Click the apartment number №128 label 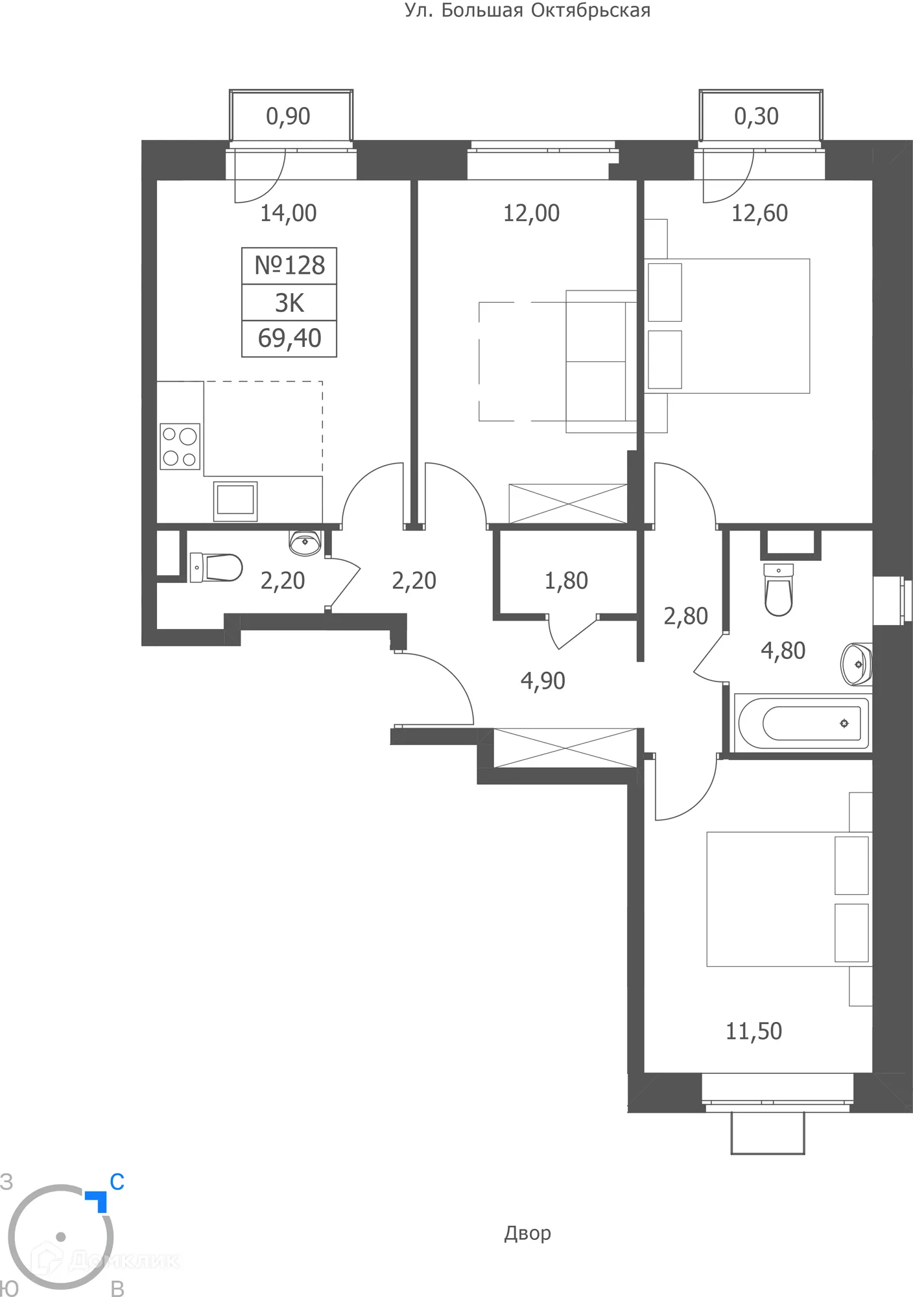(289, 266)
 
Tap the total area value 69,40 (289, 339)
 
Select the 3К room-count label (289, 303)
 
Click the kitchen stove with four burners (180, 447)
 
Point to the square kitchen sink (235, 501)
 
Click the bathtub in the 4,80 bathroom (803, 722)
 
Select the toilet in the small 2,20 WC (216, 567)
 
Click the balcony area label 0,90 (288, 117)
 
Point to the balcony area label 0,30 (756, 117)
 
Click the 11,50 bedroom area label (753, 1031)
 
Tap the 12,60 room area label (759, 213)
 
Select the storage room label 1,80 (566, 581)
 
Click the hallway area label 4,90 (543, 681)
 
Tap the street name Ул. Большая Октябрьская (527, 10)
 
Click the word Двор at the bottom (527, 1233)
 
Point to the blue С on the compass (117, 1182)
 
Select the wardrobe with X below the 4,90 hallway (565, 748)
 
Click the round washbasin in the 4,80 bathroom (857, 664)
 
